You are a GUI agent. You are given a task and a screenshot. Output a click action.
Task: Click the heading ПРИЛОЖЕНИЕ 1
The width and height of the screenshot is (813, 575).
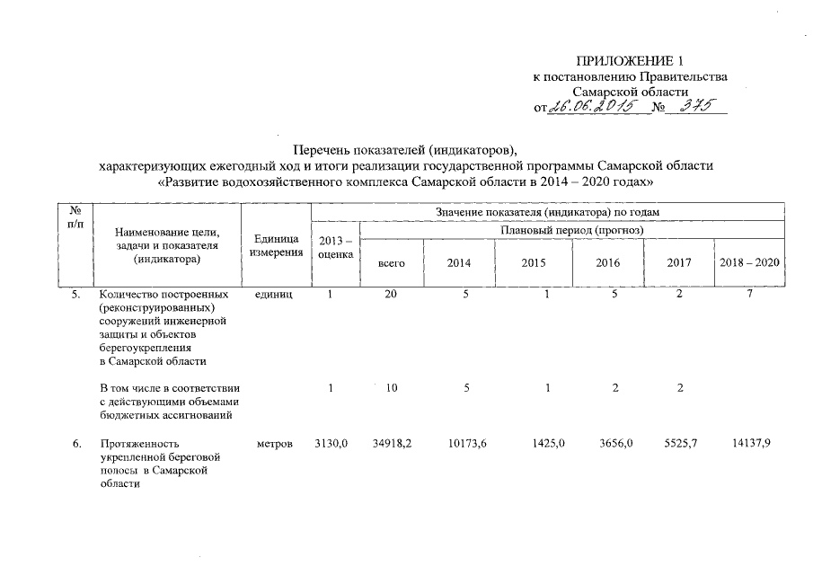pos(629,62)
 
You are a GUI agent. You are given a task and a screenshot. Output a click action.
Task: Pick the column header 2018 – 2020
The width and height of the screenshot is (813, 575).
pos(750,262)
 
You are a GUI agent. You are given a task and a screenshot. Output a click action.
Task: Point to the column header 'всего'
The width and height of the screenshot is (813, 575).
pos(392,262)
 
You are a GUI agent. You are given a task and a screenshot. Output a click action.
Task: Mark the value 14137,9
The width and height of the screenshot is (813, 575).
pos(751,444)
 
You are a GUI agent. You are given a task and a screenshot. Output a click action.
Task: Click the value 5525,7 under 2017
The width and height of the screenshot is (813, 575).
pos(679,444)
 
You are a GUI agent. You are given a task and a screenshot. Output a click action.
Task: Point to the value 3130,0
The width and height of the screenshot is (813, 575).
pos(331,444)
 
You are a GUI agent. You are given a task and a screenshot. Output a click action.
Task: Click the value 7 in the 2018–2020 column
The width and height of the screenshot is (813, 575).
pos(748,293)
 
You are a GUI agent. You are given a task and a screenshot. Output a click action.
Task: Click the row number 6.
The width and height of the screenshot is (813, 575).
pos(77,444)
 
